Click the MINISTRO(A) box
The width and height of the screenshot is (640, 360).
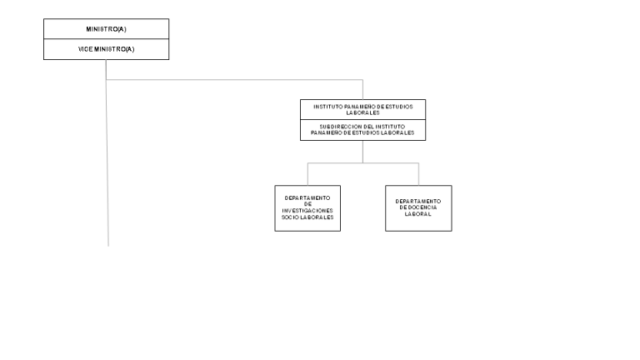106,29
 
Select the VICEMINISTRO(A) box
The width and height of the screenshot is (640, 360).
106,49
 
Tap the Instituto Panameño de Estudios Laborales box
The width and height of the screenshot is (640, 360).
362,109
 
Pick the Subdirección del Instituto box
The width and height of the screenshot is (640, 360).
362,130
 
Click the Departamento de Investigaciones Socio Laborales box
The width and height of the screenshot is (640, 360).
307,208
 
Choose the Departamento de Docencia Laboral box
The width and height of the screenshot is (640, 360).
418,208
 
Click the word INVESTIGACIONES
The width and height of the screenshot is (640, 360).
307,211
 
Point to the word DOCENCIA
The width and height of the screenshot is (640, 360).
422,207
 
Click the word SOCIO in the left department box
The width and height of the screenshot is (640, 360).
290,217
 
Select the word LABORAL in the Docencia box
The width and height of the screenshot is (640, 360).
418,214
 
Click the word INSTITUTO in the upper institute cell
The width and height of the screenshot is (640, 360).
328,107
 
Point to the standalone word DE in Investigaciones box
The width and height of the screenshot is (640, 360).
307,204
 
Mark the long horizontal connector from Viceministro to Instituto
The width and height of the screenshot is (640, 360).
234,80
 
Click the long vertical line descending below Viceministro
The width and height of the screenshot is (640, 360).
107,153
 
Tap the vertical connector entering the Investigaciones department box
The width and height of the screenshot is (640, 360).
307,174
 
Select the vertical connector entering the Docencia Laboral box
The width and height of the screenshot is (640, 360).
418,174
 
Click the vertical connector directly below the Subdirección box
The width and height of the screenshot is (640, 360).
362,152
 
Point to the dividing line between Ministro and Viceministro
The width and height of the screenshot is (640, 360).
106,39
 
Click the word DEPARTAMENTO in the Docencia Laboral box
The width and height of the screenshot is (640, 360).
418,201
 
